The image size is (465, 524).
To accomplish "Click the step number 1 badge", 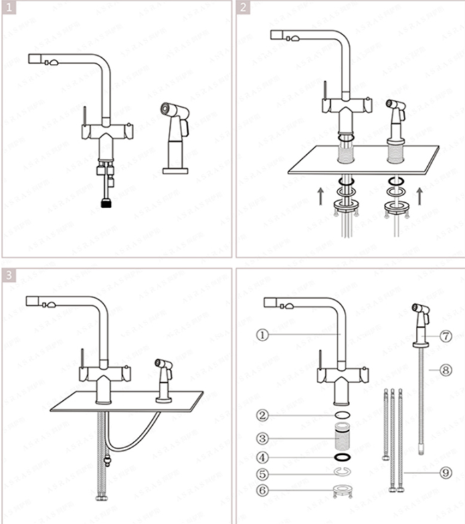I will pyautogui.click(x=8, y=7).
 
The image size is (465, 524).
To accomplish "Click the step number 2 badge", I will pyautogui.click(x=244, y=7).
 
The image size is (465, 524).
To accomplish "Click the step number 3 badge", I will pyautogui.click(x=8, y=275).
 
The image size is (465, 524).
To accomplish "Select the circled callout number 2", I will pyautogui.click(x=263, y=416).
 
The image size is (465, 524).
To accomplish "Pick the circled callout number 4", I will pyautogui.click(x=263, y=458).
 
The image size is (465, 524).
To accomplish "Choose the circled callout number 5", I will pyautogui.click(x=263, y=474).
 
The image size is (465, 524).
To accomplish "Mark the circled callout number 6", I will pyautogui.click(x=263, y=491).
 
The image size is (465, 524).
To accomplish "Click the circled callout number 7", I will pyautogui.click(x=446, y=336).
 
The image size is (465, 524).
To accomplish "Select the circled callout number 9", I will pyautogui.click(x=446, y=473).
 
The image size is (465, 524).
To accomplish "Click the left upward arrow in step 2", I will pyautogui.click(x=321, y=195).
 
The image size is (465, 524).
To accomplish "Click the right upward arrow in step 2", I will pyautogui.click(x=418, y=195).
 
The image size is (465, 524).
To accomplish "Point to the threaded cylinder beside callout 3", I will pyautogui.click(x=343, y=438).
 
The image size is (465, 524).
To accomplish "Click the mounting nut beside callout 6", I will pyautogui.click(x=343, y=492).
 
